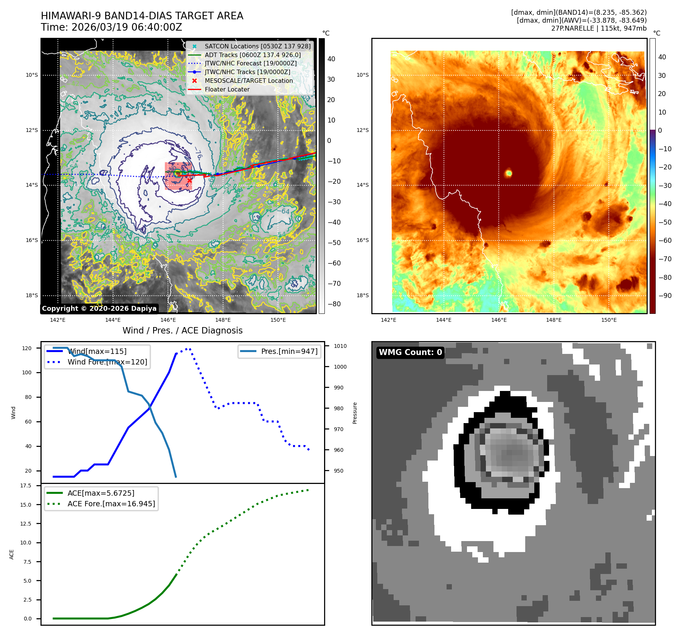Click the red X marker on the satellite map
[x=189, y=181]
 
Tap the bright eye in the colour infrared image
[x=509, y=173]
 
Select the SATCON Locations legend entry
[x=258, y=46]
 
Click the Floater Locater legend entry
[x=227, y=89]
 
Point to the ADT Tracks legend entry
[x=253, y=55]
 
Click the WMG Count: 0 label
[x=410, y=352]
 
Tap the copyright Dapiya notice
[x=99, y=309]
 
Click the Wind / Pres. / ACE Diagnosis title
[x=182, y=330]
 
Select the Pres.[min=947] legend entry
[x=289, y=351]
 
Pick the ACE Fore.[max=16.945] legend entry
[x=111, y=504]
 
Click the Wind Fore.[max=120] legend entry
[x=107, y=362]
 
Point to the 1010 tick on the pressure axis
[x=340, y=346]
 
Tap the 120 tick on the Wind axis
[x=27, y=348]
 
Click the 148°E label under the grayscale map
[x=223, y=320]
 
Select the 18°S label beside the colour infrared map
[x=363, y=295]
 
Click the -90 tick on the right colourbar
[x=665, y=296]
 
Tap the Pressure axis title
[x=355, y=413]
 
